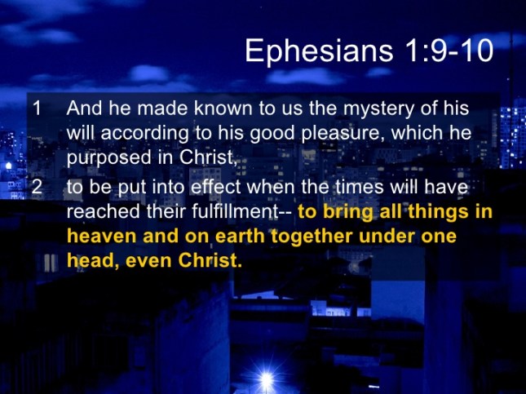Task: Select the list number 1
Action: tap(34, 108)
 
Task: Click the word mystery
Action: tap(343, 108)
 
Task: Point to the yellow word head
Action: tap(86, 263)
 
